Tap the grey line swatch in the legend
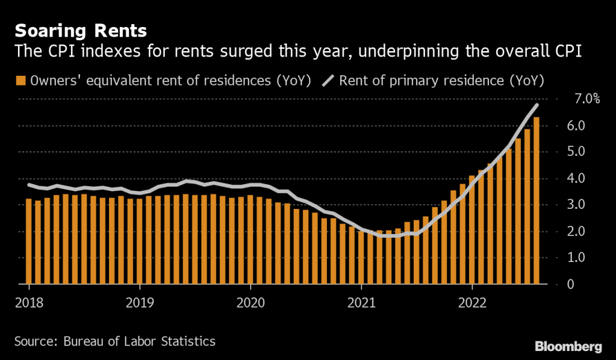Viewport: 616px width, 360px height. click(329, 81)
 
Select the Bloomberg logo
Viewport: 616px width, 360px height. click(568, 346)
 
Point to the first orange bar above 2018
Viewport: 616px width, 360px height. click(28, 241)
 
